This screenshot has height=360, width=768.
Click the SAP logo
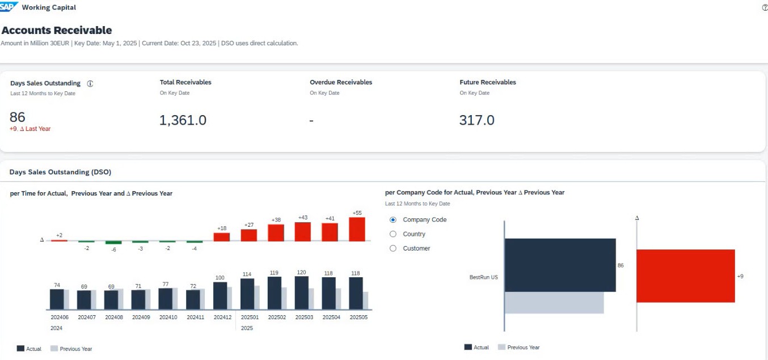9,7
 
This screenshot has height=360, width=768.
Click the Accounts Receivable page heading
57,31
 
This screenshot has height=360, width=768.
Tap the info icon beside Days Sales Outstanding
90,83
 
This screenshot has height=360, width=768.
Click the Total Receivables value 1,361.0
183,120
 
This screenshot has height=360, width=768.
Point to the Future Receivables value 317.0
476,120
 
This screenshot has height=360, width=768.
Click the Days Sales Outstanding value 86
18,117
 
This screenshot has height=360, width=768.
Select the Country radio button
393,234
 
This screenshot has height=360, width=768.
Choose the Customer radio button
393,248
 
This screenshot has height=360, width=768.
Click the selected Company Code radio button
393,220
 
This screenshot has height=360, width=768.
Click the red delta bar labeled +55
357,230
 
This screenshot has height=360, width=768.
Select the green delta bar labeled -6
113,242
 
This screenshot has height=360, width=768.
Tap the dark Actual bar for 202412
220,295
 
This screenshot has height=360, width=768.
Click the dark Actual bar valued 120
302,293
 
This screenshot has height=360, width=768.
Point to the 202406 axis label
60,317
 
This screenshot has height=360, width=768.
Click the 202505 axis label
358,317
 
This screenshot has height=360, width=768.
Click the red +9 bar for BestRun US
685,276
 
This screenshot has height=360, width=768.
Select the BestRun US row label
483,277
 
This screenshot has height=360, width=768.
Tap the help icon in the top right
765,7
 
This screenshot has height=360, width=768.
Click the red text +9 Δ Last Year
30,129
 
